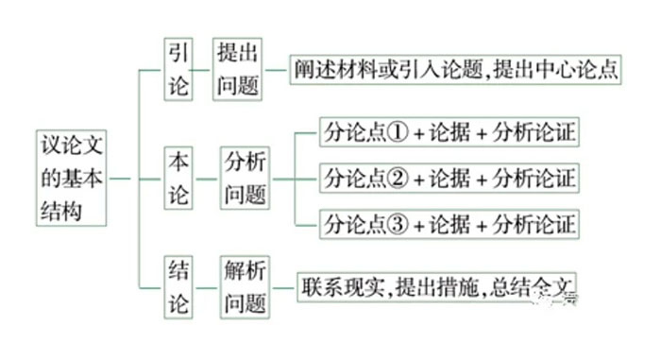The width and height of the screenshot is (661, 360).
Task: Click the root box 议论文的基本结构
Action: (72, 176)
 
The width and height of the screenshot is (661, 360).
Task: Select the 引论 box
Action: (178, 68)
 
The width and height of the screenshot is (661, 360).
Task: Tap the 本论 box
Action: (178, 178)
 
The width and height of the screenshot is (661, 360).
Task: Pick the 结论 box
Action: (178, 286)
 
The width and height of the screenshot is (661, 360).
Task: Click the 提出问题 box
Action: (237, 68)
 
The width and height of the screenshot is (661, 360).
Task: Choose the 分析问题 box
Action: (246, 178)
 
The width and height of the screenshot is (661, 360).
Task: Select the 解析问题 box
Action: (246, 286)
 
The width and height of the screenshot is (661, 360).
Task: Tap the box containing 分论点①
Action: (449, 132)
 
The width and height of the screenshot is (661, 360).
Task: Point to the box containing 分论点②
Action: (449, 178)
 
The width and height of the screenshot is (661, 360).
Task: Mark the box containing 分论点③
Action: (449, 224)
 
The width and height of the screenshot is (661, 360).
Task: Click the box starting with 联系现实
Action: (436, 286)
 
